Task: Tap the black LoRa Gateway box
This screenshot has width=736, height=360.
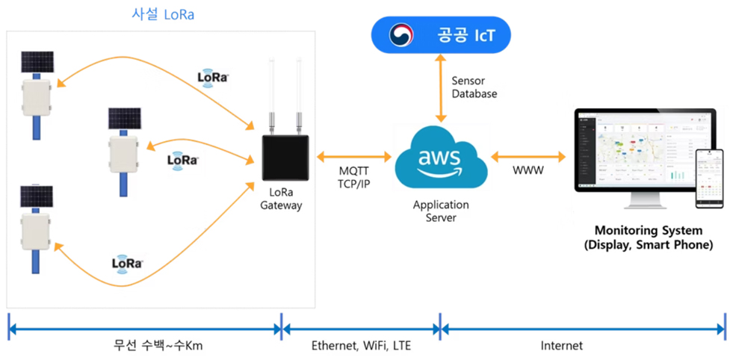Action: (x=284, y=157)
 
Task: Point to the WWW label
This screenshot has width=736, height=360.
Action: (x=528, y=172)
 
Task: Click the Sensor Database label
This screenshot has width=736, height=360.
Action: (x=474, y=87)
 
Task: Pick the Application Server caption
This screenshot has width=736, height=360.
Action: (x=441, y=211)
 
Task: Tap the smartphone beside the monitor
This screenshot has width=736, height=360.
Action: (x=709, y=178)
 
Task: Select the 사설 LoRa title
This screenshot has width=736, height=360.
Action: (x=162, y=14)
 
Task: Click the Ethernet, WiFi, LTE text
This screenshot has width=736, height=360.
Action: (x=361, y=346)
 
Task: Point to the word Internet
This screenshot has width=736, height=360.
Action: (x=562, y=346)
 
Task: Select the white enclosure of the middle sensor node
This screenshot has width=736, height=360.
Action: (x=125, y=152)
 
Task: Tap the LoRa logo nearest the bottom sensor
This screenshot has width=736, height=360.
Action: (x=128, y=263)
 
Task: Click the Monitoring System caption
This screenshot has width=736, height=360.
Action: (x=649, y=238)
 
